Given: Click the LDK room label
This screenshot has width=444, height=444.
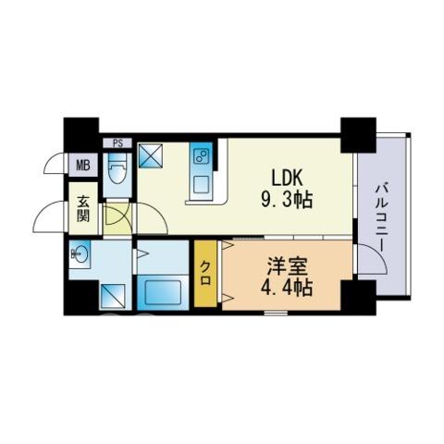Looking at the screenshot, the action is coord(286,179).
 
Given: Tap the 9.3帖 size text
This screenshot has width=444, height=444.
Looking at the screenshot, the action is coord(287,200).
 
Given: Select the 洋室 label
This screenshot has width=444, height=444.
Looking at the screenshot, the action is coord(287,266).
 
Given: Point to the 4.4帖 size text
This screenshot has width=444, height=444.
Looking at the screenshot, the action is coord(287,288).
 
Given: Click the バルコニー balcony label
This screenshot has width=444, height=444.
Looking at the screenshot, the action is coord(382,218).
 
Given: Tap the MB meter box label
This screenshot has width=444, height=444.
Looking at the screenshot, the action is coord(83,166).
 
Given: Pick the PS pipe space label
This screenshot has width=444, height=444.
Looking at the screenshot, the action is coord(117,143).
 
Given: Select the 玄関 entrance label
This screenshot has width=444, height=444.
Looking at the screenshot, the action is coord(83,209).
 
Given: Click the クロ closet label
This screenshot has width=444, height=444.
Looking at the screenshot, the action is coord(205,273).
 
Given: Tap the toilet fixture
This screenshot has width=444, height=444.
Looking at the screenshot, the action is coord(117,168).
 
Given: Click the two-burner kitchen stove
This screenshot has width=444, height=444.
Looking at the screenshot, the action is coord(201,157).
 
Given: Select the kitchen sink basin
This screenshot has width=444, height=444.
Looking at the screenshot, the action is coord(201,184).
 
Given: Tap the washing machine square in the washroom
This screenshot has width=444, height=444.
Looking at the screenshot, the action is coord(113,297).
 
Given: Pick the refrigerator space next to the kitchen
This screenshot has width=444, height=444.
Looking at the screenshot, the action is coord(150,155).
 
